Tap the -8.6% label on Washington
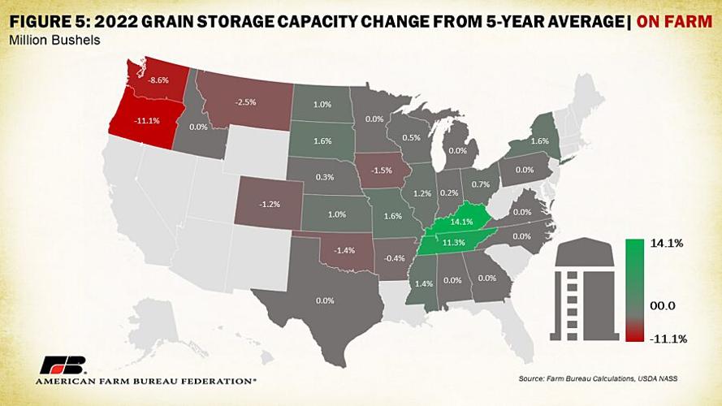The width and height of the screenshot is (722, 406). (x=158, y=81)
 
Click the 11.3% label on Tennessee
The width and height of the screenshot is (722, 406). (x=452, y=242)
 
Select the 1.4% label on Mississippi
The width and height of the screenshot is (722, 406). (x=424, y=283)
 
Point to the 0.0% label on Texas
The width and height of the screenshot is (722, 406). (x=324, y=300)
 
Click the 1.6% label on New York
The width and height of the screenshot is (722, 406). (x=538, y=140)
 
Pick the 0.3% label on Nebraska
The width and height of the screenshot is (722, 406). (x=323, y=176)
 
